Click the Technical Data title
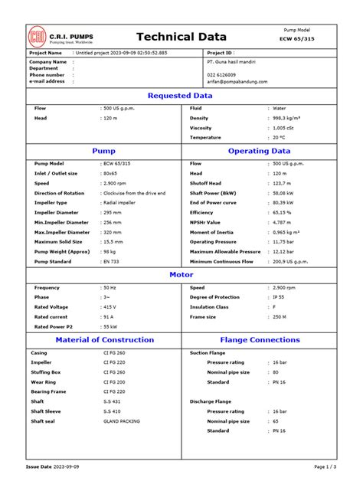click(x=181, y=37)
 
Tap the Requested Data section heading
click(x=180, y=96)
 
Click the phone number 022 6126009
click(x=222, y=74)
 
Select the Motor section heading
click(x=181, y=274)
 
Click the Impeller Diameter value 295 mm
click(x=113, y=212)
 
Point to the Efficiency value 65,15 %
click(x=284, y=212)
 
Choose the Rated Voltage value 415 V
click(x=110, y=307)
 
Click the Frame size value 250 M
click(x=280, y=316)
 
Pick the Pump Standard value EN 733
click(x=112, y=261)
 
